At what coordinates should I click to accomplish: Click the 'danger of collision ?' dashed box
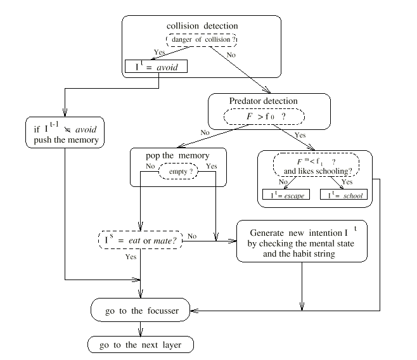pyautogui.click(x=202, y=40)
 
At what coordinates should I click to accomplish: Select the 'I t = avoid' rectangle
pyautogui.click(x=156, y=66)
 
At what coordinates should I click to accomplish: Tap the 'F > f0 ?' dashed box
pyautogui.click(x=264, y=117)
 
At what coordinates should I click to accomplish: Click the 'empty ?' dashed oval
pyautogui.click(x=179, y=172)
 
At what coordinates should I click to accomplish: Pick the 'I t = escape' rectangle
pyautogui.click(x=286, y=195)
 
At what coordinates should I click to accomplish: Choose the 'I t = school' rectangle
pyautogui.click(x=344, y=195)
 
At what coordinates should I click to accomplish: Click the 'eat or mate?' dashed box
pyautogui.click(x=141, y=240)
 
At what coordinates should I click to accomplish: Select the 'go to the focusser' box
pyautogui.click(x=141, y=310)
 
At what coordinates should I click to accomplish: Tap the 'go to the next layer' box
pyautogui.click(x=141, y=345)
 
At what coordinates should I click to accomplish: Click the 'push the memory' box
pyautogui.click(x=65, y=132)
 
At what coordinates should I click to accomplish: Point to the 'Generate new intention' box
pyautogui.click(x=302, y=241)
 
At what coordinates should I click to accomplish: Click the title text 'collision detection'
pyautogui.click(x=202, y=26)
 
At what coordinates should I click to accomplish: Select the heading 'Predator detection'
pyautogui.click(x=263, y=101)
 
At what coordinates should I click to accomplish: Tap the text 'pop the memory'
pyautogui.click(x=177, y=155)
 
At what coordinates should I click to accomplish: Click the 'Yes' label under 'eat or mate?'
pyautogui.click(x=131, y=257)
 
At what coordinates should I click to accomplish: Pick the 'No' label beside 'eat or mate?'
pyautogui.click(x=192, y=236)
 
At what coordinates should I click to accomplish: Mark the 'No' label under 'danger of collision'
pyautogui.click(x=231, y=55)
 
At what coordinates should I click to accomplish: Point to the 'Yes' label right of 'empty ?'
pyautogui.click(x=212, y=166)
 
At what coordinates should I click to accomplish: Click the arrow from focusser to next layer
pyautogui.click(x=141, y=329)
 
